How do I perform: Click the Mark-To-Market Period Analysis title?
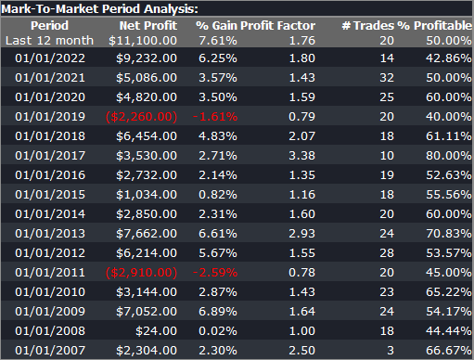99,8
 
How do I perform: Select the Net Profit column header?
148,25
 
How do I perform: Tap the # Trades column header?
368,25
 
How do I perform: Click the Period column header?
49,25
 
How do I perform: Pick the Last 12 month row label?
49,40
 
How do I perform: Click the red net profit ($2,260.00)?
141,117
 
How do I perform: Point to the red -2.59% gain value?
215,273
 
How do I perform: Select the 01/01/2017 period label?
50,156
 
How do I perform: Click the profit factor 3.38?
301,156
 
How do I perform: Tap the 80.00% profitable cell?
448,156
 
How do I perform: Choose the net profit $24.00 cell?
156,331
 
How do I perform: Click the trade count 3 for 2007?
391,351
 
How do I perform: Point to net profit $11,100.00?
143,40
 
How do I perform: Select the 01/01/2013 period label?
50,234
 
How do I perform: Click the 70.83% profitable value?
448,234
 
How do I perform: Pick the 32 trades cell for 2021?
387,78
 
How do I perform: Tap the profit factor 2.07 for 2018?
301,136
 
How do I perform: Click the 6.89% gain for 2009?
218,312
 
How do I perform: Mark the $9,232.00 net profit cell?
147,58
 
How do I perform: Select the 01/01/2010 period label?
50,292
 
